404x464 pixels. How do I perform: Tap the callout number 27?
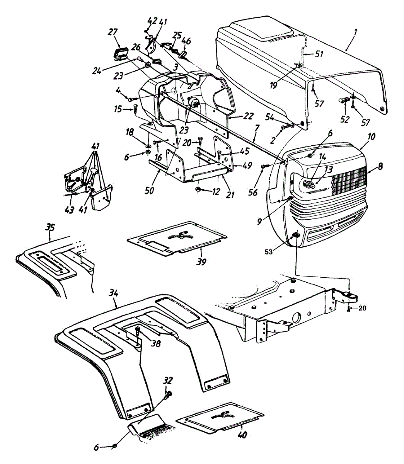(x=113, y=32)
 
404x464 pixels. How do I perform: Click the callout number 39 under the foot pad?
(x=201, y=262)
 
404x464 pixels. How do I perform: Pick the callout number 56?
(x=253, y=192)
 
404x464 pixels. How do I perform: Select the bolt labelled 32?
(x=168, y=395)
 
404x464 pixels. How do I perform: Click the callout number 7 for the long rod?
(x=257, y=126)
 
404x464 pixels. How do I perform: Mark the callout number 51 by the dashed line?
(x=319, y=54)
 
